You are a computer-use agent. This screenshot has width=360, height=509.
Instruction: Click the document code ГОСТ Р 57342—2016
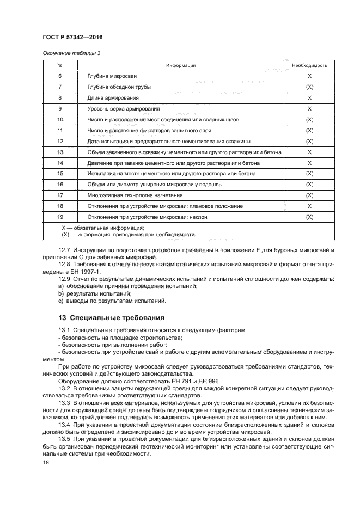72,37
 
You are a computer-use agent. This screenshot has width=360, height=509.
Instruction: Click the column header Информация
181,65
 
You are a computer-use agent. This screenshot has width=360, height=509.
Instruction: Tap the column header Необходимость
309,65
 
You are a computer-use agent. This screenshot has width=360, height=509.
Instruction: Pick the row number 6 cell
60,76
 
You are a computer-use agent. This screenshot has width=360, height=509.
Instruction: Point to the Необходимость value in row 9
309,109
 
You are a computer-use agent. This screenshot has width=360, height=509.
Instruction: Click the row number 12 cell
60,141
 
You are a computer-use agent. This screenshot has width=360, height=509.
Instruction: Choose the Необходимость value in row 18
309,206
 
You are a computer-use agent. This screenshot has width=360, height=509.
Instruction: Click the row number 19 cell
60,217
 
